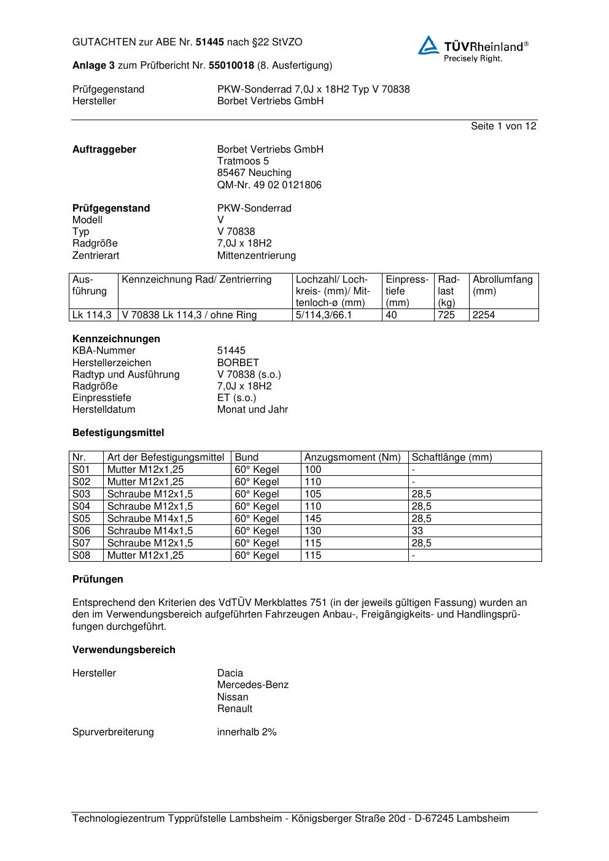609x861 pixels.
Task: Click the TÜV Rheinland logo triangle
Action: pos(429,45)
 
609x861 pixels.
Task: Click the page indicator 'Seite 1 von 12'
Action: pos(503,126)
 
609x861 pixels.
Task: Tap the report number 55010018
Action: pos(231,66)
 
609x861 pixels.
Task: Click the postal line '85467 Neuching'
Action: pos(254,173)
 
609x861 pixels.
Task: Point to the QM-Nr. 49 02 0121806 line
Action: pos(269,185)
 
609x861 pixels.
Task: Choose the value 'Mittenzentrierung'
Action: pos(256,256)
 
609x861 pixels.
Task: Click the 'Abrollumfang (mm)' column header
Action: pos(503,285)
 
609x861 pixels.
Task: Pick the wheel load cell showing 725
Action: pos(446,315)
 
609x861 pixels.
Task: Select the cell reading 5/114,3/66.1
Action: pos(324,315)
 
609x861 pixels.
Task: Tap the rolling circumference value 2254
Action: pos(484,315)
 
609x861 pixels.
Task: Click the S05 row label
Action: pos(81,519)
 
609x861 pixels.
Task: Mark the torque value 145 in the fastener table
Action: pos(312,519)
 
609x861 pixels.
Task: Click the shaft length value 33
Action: pos(417,531)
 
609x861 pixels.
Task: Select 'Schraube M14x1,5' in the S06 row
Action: pos(150,531)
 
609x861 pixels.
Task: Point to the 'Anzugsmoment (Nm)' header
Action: pos(352,457)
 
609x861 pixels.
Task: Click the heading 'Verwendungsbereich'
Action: pos(123,650)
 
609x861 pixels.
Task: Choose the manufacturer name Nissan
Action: pos(233,697)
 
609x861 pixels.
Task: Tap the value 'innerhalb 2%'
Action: pos(247,732)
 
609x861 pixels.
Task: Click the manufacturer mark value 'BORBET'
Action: pos(238,363)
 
